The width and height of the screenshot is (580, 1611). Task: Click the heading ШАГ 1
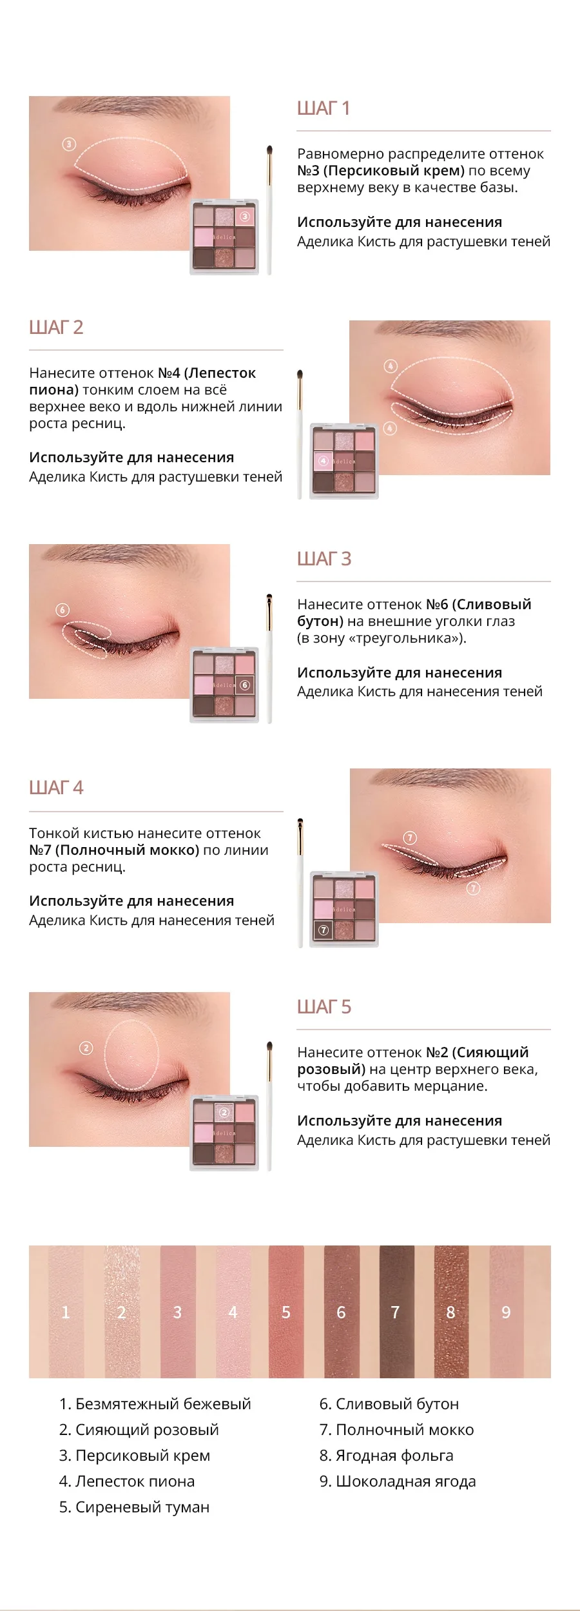click(323, 108)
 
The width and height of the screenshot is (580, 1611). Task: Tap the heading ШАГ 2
click(56, 327)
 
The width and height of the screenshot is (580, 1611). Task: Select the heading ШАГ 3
click(324, 559)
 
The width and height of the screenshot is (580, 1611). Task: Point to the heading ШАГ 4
click(56, 788)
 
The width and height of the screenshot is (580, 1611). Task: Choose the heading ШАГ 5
click(324, 1007)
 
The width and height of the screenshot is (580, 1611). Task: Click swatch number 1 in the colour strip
click(66, 1312)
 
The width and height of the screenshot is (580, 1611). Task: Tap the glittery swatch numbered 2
click(122, 1312)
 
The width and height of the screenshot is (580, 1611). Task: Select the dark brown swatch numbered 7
click(396, 1312)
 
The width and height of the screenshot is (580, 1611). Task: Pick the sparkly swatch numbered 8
click(451, 1312)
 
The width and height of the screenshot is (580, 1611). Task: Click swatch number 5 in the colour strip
click(286, 1312)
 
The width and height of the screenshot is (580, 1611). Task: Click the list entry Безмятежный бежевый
click(155, 1404)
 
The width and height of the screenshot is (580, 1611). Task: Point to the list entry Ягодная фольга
click(386, 1456)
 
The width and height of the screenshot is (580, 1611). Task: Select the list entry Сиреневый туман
click(134, 1507)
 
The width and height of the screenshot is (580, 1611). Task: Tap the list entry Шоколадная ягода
click(398, 1481)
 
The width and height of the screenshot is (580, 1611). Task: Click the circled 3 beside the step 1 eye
click(69, 144)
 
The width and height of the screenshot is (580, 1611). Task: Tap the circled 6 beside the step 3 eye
click(63, 610)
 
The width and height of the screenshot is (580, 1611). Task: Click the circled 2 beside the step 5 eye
click(86, 1048)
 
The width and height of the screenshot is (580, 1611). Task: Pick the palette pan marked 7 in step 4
click(324, 930)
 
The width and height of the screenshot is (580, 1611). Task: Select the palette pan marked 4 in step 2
click(324, 461)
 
